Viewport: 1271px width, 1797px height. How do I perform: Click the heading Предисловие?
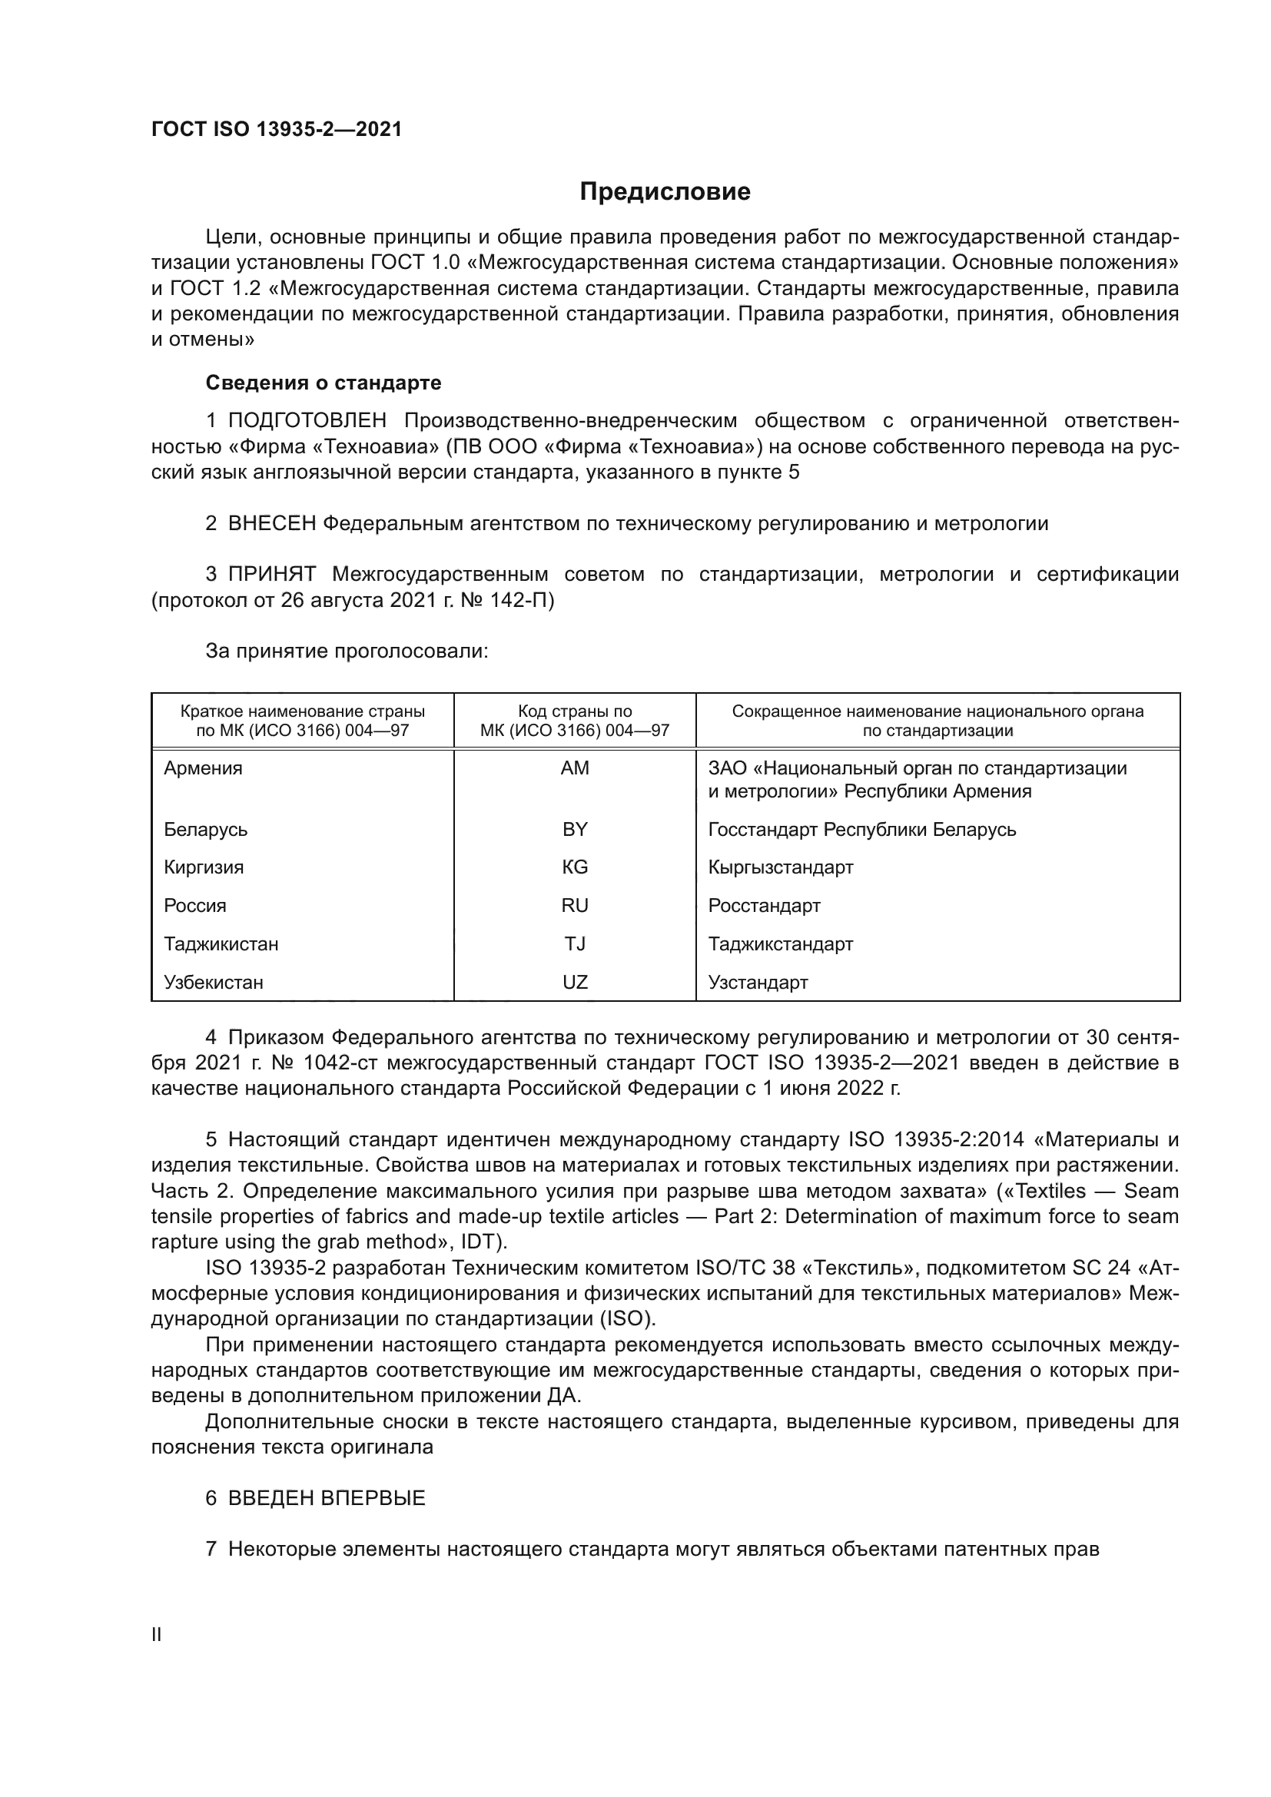point(665,192)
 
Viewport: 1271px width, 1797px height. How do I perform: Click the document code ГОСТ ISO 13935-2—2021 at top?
point(277,129)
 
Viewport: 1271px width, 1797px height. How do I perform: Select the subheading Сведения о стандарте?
point(324,383)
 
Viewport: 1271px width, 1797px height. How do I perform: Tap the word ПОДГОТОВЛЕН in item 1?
point(307,421)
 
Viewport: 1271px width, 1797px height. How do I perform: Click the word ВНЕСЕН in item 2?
point(271,524)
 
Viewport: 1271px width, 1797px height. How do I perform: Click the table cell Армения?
point(204,768)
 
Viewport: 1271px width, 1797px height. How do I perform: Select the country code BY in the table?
point(575,829)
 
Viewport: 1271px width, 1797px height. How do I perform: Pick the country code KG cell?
point(575,867)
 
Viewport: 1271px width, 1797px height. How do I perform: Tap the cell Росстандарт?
point(764,906)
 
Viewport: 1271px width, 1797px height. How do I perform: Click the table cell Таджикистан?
point(221,944)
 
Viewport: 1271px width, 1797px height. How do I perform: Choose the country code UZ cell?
point(575,983)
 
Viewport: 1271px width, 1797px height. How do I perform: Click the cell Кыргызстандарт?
point(780,867)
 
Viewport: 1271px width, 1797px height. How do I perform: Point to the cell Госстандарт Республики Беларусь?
point(861,829)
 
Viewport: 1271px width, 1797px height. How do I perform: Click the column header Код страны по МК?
point(575,721)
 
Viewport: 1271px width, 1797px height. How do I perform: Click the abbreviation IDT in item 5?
point(480,1242)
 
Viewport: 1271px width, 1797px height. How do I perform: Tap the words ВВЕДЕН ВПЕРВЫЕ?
point(327,1498)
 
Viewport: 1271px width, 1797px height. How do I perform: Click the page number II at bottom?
point(157,1635)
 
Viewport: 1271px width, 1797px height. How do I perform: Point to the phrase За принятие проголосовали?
point(347,651)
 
